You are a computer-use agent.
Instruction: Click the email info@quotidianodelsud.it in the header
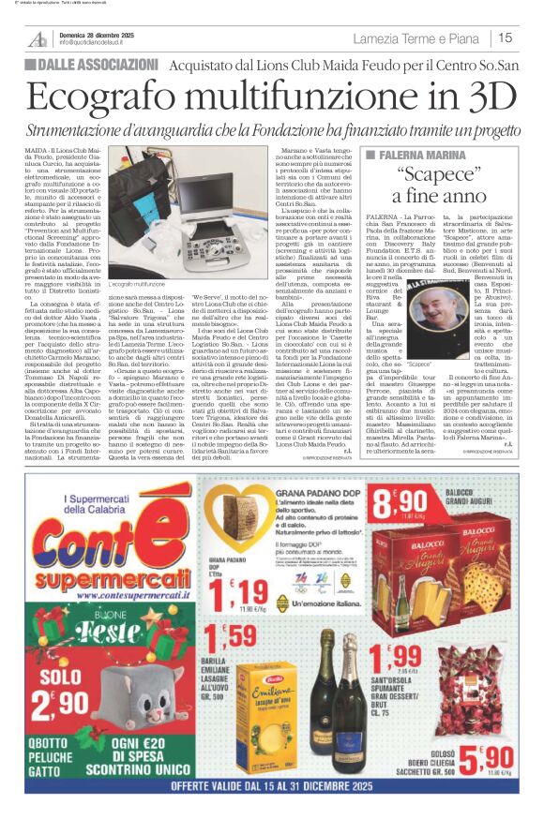102,43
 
